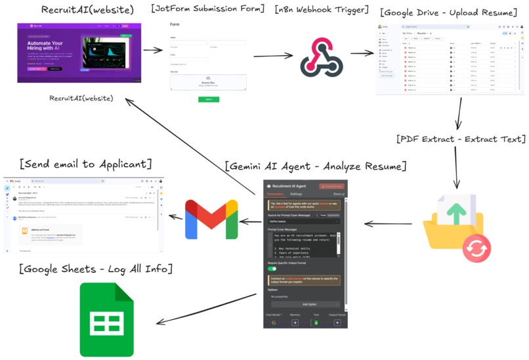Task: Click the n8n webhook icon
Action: [322, 56]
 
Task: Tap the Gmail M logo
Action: [211, 219]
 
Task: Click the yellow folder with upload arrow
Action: [454, 221]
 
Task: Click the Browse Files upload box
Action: [208, 82]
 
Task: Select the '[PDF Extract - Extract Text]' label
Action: [461, 139]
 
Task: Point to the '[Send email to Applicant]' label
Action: [85, 163]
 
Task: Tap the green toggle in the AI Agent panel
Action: [271, 268]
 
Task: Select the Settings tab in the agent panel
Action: [297, 194]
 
